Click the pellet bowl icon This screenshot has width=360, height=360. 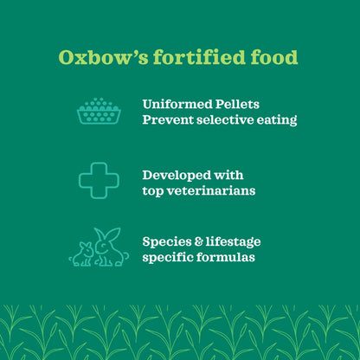click(x=99, y=112)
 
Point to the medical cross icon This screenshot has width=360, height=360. click(x=99, y=180)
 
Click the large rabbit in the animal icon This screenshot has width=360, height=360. click(x=110, y=247)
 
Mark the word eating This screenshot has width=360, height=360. click(x=278, y=120)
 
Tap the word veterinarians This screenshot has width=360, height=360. click(x=214, y=190)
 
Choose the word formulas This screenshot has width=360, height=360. click(x=228, y=258)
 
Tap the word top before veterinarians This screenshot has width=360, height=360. click(x=154, y=190)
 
